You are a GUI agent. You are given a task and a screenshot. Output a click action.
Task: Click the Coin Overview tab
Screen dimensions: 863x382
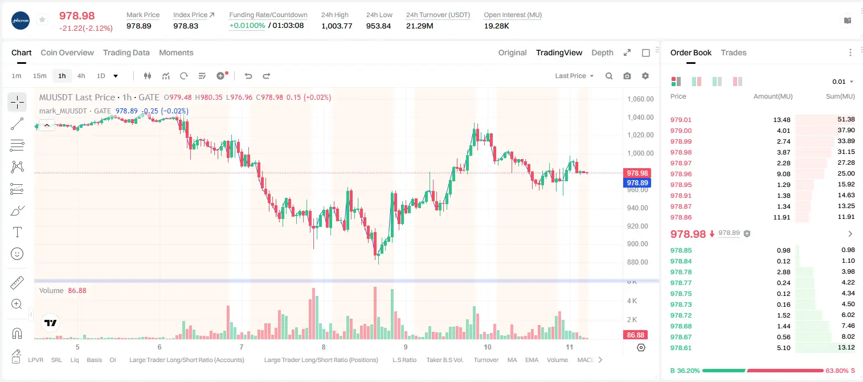click(67, 52)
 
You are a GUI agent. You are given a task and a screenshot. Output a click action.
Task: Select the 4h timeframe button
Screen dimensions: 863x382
click(81, 76)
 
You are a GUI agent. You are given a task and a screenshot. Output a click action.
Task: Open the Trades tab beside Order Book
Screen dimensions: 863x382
click(734, 52)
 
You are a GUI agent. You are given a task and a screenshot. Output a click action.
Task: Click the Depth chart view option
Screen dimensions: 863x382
click(602, 52)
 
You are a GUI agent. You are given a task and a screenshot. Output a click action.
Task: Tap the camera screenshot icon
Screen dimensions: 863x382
click(627, 76)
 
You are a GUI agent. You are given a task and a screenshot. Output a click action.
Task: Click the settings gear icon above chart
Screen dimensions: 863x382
click(645, 76)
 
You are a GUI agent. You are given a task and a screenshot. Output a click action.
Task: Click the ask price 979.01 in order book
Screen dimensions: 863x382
click(681, 120)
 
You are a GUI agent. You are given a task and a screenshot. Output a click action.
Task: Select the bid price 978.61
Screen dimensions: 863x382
click(681, 348)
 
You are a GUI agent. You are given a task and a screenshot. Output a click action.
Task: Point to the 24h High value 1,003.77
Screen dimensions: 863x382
click(337, 26)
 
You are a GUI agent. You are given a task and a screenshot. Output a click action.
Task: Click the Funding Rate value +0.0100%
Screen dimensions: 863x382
click(247, 26)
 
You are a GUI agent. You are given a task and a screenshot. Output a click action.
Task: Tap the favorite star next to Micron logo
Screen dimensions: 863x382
click(42, 19)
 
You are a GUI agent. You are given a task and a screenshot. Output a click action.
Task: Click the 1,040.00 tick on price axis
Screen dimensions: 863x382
click(640, 117)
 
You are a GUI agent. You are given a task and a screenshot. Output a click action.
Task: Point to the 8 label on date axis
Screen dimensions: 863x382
click(324, 347)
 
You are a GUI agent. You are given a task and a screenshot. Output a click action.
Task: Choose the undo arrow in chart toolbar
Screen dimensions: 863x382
click(248, 76)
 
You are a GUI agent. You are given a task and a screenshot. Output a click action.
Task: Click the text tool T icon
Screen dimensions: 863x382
click(17, 232)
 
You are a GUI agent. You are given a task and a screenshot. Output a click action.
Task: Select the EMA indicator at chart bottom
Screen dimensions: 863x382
click(531, 360)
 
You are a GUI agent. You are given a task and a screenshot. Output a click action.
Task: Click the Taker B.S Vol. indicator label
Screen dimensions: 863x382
click(445, 360)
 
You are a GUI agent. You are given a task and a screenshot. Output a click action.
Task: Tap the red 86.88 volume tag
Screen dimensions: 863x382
click(635, 335)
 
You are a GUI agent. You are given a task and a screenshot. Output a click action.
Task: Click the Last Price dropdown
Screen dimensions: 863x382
click(574, 76)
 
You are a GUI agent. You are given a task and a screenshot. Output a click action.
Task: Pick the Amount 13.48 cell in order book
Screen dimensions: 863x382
click(782, 120)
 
